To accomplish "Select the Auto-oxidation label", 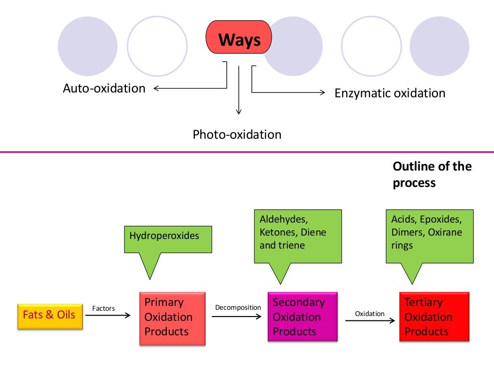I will coord(104,89).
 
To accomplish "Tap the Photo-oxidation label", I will coord(237,134).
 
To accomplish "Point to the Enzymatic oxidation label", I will coord(390,93).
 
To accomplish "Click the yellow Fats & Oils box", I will coord(50,316).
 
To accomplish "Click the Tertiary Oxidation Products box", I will coord(434,317).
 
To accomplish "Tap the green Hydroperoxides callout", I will coord(168,239).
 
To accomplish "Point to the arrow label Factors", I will coord(103,308).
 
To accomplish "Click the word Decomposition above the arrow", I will coord(238,307).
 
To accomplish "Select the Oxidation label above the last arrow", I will coord(370,314).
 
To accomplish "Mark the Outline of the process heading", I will coord(432,174).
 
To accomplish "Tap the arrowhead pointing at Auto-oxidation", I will coord(157,88).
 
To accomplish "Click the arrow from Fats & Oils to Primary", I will coord(108,316).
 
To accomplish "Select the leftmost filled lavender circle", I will coord(87,46).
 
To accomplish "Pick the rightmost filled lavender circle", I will coord(439,46).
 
